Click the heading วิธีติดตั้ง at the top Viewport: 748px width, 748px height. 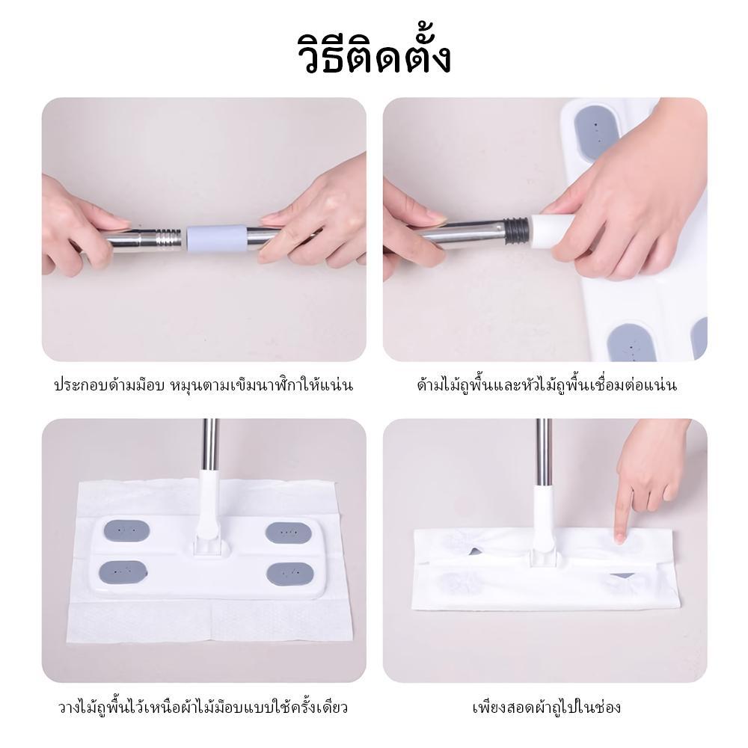pyautogui.click(x=373, y=53)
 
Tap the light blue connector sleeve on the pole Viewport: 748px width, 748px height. pyautogui.click(x=216, y=237)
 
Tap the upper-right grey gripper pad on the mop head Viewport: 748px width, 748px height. pyautogui.click(x=289, y=533)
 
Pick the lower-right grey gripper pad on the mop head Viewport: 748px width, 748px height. pyautogui.click(x=289, y=574)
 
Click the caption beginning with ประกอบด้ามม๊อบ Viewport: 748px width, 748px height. pyautogui.click(x=203, y=386)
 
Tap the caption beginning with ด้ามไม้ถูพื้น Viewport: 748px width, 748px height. pyautogui.click(x=545, y=386)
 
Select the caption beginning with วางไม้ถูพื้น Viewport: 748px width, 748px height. pyautogui.click(x=203, y=707)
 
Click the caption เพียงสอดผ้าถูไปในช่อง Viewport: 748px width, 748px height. pyautogui.click(x=545, y=707)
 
